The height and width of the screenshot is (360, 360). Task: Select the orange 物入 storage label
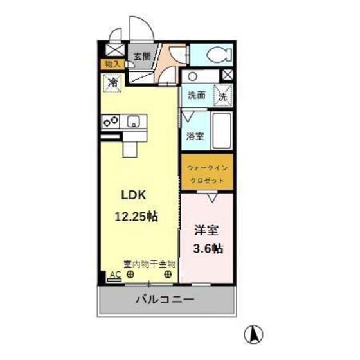(112, 64)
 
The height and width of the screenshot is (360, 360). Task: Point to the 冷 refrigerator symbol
(112, 82)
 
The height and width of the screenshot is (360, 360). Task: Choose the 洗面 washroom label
(197, 95)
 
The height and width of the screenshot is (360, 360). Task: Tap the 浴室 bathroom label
(195, 136)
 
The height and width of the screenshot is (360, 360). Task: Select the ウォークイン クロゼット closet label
(206, 174)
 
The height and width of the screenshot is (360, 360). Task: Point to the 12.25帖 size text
(136, 217)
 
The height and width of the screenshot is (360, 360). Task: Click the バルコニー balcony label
(165, 300)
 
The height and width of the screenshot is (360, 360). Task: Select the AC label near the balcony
(115, 274)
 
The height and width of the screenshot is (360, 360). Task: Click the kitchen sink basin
(134, 120)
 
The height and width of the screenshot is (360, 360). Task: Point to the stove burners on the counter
(110, 120)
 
